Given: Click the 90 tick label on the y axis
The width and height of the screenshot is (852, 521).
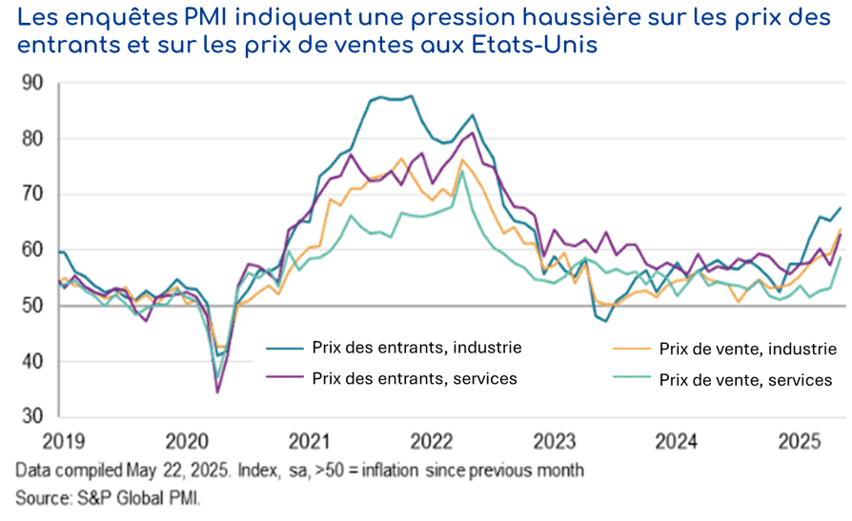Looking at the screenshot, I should click(x=31, y=84).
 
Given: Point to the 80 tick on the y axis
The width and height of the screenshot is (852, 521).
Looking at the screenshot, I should click(x=31, y=139).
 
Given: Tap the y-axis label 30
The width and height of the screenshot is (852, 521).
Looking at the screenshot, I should click(x=31, y=417).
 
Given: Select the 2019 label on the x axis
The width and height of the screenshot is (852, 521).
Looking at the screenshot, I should click(x=63, y=443).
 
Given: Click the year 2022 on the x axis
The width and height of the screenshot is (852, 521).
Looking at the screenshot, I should click(x=432, y=443).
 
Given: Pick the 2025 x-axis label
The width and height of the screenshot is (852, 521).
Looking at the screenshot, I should click(x=801, y=443).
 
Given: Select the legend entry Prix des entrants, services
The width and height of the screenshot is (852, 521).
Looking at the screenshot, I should click(x=415, y=378).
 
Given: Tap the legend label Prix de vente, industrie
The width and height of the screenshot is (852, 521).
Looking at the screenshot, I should click(x=748, y=349).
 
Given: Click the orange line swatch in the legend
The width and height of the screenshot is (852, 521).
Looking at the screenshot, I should click(x=629, y=349).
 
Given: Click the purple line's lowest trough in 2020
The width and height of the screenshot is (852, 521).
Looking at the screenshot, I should click(x=217, y=391).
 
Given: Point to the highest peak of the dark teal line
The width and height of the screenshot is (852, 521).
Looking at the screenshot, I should click(x=411, y=95).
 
